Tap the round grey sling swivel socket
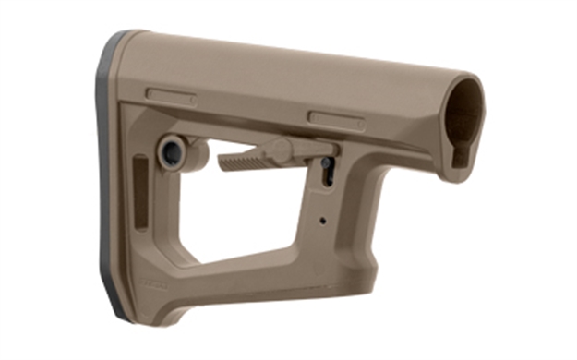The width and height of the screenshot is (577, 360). point(173,151)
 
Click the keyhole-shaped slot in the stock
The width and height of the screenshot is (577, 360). point(326,171)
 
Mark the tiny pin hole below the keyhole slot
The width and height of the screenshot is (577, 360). point(321,222)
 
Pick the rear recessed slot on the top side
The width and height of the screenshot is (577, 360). point(171,95)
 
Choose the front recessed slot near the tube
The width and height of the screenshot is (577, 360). point(336,118)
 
